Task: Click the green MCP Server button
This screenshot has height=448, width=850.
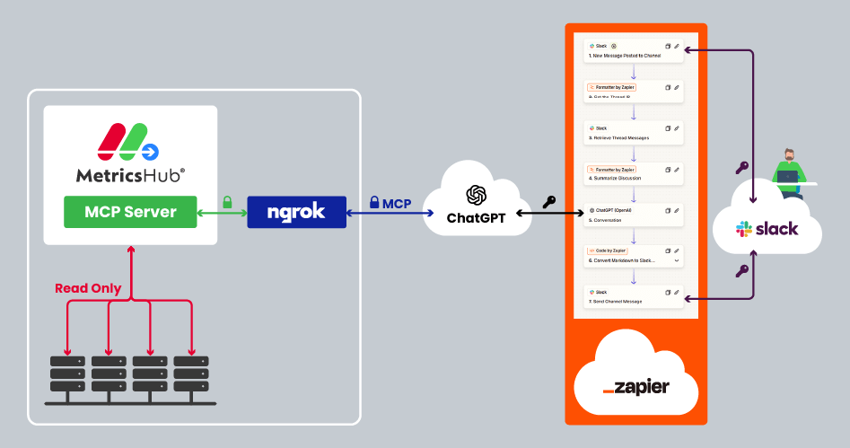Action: (129, 212)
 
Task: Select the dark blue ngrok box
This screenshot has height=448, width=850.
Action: (295, 212)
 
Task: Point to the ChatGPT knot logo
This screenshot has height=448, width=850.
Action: (476, 195)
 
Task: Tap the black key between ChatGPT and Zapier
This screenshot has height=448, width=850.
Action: (548, 202)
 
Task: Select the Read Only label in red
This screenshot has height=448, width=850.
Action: (88, 288)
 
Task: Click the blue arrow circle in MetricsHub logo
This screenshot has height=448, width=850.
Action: (151, 150)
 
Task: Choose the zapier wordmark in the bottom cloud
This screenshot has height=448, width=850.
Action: (636, 387)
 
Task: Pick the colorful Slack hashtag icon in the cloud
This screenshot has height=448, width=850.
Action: (744, 229)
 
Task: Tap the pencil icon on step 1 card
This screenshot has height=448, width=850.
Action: (677, 46)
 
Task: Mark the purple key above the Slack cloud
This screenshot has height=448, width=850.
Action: (741, 167)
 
